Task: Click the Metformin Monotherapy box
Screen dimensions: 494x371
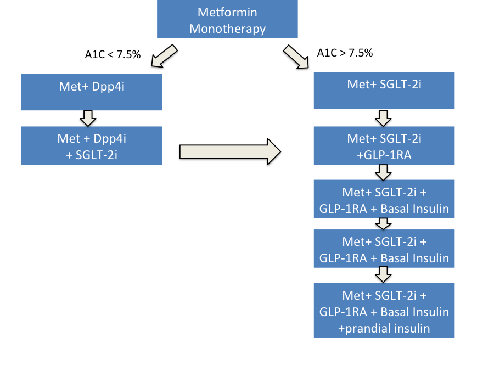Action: [227, 19]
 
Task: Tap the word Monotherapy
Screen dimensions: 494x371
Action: [227, 29]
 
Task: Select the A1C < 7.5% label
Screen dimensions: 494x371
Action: [113, 54]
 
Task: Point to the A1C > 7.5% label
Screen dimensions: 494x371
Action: [345, 53]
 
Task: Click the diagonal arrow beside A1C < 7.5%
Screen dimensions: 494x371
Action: [164, 56]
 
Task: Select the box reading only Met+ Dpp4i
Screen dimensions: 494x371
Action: [92, 92]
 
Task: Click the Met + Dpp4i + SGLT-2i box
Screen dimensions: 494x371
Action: [92, 145]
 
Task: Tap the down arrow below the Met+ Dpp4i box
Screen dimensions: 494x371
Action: [88, 119]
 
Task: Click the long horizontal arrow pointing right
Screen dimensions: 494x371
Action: [230, 151]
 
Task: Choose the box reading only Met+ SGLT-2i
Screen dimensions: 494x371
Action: [384, 91]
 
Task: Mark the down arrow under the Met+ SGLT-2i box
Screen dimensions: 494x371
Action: [383, 118]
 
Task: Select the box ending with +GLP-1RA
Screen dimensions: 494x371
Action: [384, 145]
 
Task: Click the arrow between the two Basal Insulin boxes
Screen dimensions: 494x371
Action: [383, 223]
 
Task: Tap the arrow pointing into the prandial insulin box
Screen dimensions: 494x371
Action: [383, 275]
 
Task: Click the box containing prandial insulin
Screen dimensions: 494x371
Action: [384, 311]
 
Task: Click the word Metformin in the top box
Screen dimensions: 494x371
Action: [227, 12]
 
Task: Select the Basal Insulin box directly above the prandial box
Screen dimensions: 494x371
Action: [384, 249]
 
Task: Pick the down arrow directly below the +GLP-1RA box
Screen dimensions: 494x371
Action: [383, 172]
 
